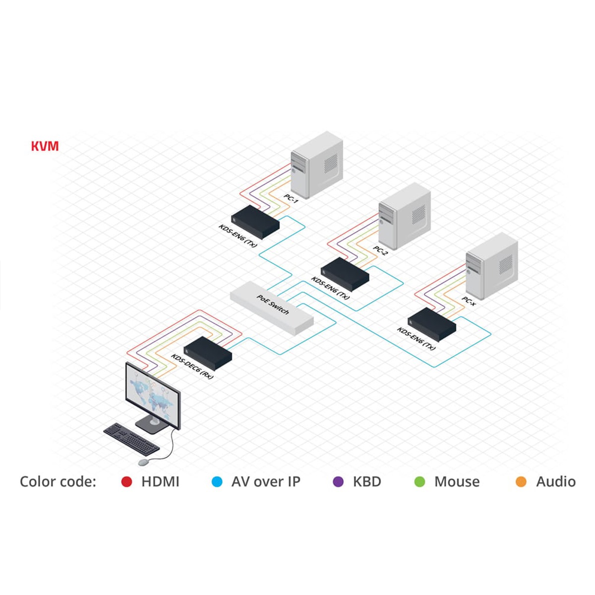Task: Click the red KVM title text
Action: tap(45, 146)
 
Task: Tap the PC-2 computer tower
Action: tap(405, 216)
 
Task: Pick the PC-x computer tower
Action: tap(492, 266)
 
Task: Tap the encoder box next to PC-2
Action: tap(345, 274)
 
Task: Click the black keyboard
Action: tap(131, 438)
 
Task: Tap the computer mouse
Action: tap(143, 462)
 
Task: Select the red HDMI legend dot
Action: tap(127, 481)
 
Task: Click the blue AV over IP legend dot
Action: tap(217, 481)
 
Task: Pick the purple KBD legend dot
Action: tap(338, 481)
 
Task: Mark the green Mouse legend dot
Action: tap(420, 481)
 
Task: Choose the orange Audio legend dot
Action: tap(521, 481)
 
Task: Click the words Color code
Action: tap(58, 481)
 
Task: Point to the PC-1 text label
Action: tap(291, 199)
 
